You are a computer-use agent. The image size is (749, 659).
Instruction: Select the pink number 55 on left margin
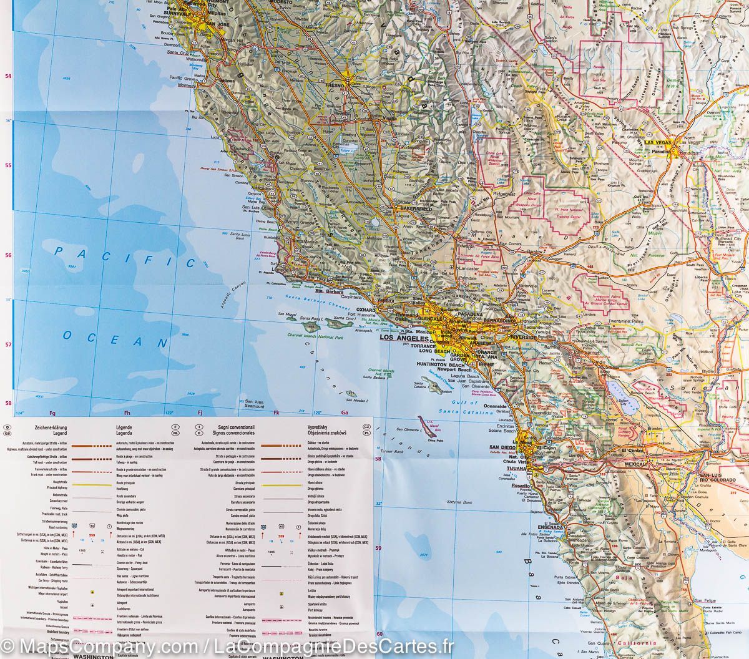coord(8,165)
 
